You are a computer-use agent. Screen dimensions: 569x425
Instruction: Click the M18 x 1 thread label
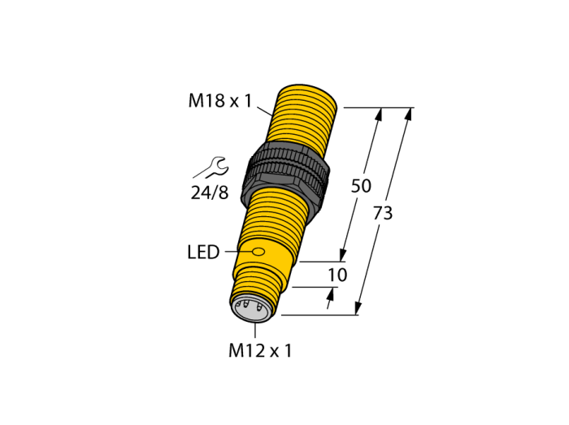click(x=220, y=101)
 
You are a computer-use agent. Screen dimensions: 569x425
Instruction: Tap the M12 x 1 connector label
click(x=260, y=351)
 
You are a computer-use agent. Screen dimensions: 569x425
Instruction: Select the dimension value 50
click(x=361, y=185)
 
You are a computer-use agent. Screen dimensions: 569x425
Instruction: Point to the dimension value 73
click(x=383, y=213)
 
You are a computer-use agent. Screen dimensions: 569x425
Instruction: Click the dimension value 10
click(x=337, y=275)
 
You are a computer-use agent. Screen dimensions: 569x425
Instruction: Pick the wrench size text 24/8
click(x=210, y=193)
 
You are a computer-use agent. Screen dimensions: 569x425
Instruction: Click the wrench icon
click(x=211, y=167)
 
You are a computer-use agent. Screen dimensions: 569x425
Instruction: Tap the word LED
click(x=203, y=252)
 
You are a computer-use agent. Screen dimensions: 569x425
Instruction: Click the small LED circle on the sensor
click(x=258, y=251)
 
